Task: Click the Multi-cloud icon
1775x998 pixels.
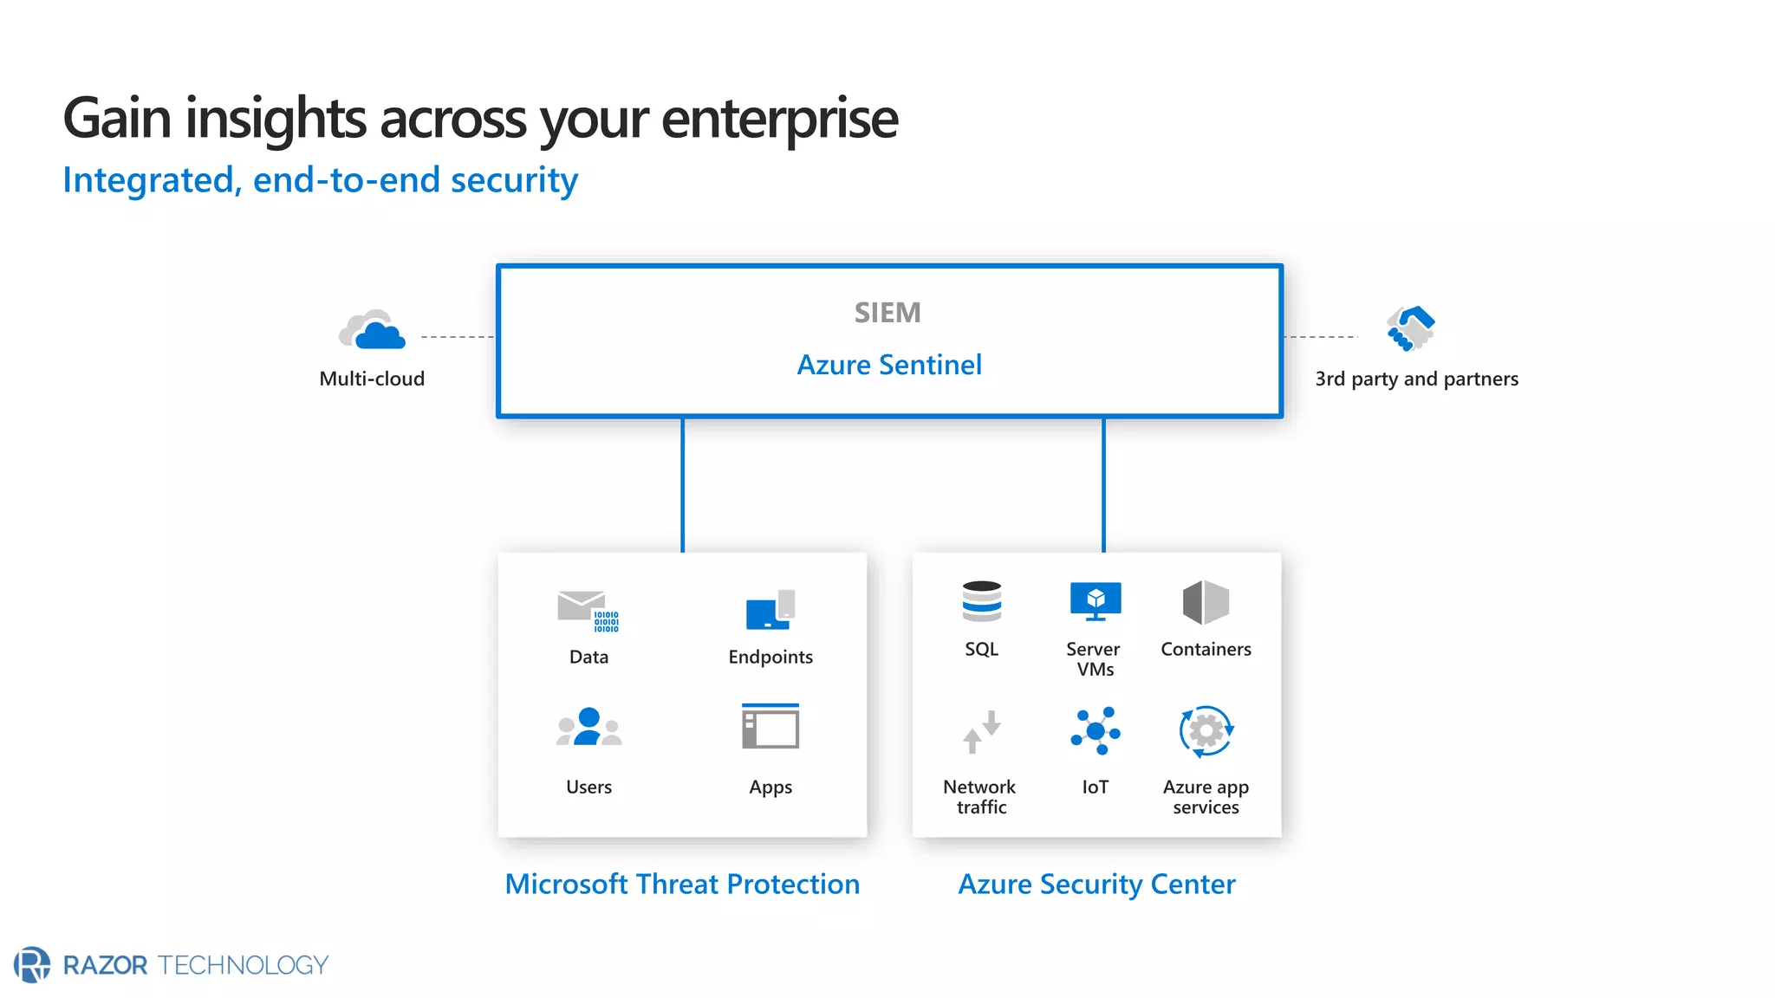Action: (x=373, y=330)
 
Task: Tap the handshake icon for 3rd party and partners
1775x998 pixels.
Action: (x=1410, y=328)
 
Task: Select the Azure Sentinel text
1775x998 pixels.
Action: (x=889, y=365)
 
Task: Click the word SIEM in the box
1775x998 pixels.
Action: (x=887, y=313)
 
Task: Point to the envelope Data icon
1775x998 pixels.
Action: (x=587, y=610)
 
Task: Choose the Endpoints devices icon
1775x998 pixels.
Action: (x=770, y=610)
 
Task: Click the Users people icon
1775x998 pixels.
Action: (x=588, y=728)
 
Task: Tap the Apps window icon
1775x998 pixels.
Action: (x=770, y=726)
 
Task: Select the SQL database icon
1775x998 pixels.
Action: (x=981, y=601)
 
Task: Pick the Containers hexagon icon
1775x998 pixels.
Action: (x=1206, y=602)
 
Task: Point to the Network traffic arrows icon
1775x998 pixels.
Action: (x=981, y=732)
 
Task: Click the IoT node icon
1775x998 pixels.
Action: (x=1096, y=731)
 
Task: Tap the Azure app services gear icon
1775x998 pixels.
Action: (x=1206, y=731)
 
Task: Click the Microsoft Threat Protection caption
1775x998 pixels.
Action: (x=682, y=884)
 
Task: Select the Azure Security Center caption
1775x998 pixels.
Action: (x=1096, y=884)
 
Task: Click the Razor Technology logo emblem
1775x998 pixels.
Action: (x=32, y=964)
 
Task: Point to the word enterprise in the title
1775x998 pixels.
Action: (x=779, y=119)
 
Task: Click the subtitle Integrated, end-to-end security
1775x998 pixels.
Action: (x=320, y=180)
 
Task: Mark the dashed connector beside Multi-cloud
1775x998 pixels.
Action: (x=457, y=336)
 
